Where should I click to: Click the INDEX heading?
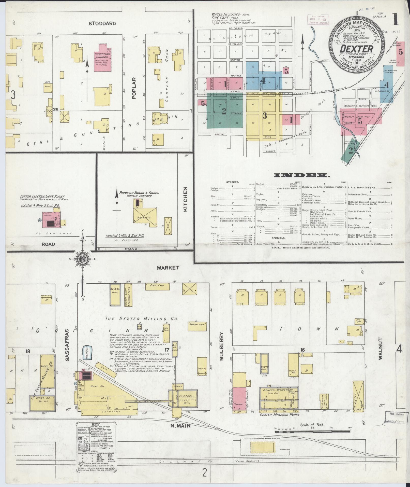tap(302, 175)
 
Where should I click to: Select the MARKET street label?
tap(168, 268)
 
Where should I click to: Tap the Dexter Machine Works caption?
tap(279, 414)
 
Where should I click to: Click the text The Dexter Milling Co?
tap(142, 319)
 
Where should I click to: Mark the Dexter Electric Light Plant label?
tap(43, 196)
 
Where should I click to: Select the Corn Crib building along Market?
tap(158, 286)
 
